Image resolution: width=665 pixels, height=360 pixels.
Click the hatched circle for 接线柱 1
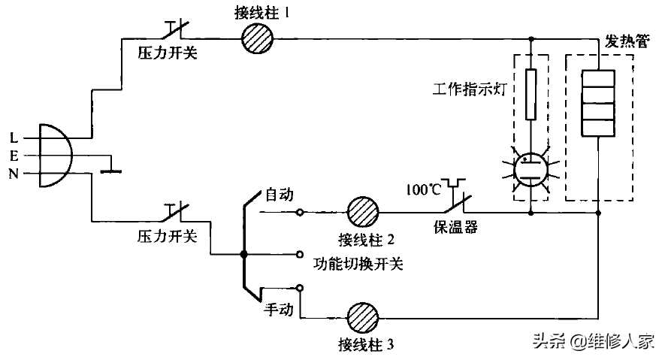point(258,38)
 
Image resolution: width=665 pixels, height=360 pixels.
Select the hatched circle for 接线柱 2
point(363,212)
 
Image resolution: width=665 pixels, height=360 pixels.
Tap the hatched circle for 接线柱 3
point(363,318)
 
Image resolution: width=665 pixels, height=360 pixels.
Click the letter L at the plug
point(14,138)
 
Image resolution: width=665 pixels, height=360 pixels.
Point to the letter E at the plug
point(14,156)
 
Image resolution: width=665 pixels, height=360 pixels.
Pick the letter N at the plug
point(14,174)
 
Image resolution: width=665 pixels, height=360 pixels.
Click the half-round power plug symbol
point(56,156)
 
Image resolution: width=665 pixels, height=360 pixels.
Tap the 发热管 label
point(627,41)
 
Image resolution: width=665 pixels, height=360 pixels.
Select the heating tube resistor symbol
point(598,104)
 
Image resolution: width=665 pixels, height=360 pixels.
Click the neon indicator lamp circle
point(530,170)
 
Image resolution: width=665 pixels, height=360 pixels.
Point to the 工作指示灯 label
point(470,89)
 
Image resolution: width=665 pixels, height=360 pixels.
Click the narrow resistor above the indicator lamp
point(530,94)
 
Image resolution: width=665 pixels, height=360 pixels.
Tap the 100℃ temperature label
point(424,189)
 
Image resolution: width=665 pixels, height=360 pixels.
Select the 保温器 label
point(455,227)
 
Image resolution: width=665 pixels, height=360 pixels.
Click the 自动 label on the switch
point(279,195)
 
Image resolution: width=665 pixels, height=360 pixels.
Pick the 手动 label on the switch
point(279,309)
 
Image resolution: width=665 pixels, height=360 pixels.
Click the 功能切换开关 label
point(358,264)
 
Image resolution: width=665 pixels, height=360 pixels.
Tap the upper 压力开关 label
point(168,53)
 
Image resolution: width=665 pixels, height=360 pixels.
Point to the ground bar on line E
point(110,171)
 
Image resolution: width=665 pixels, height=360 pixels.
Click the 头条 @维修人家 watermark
point(594,340)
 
